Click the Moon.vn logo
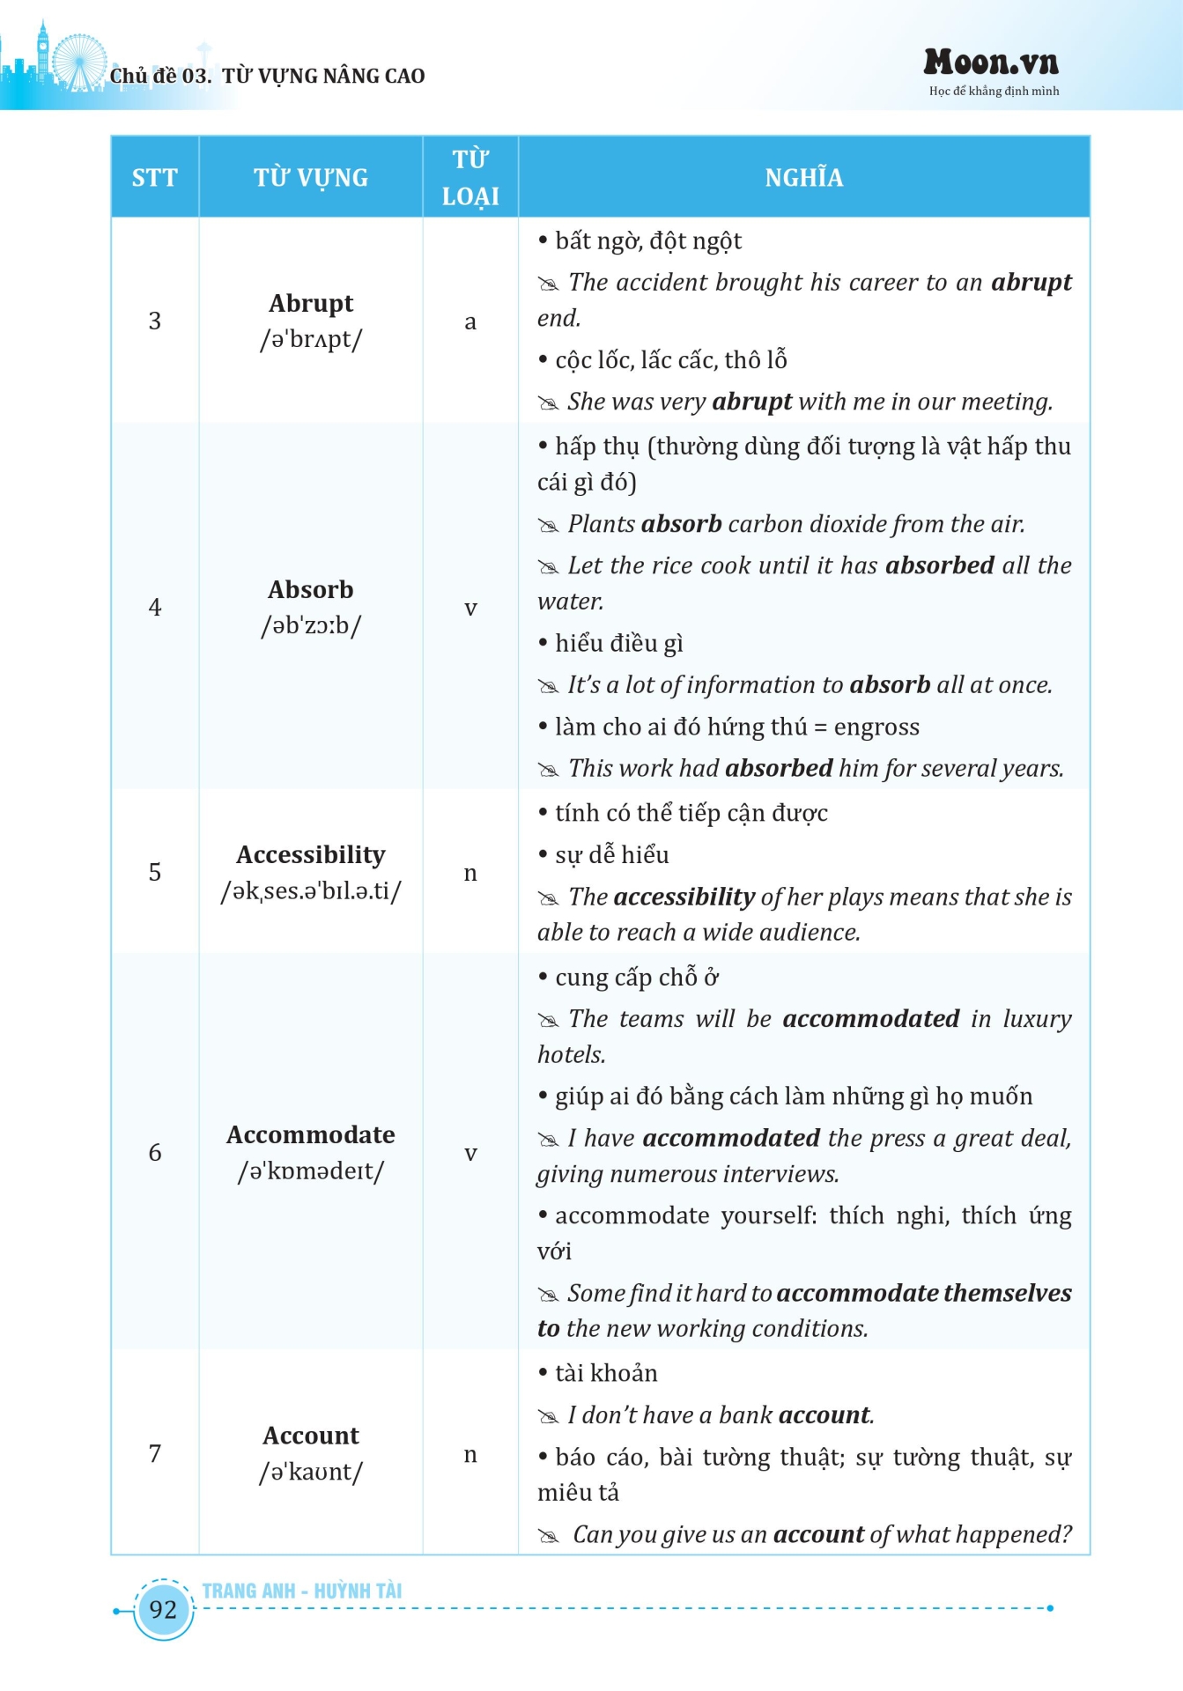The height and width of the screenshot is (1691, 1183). click(x=991, y=63)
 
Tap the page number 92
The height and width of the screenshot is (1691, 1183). click(x=163, y=1609)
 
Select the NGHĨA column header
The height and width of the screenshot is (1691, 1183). click(x=803, y=178)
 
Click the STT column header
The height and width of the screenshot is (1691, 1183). click(x=154, y=178)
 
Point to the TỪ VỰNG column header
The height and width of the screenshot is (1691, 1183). click(x=311, y=178)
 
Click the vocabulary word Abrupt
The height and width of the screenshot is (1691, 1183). click(x=311, y=303)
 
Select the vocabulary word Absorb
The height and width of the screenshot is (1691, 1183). click(x=311, y=589)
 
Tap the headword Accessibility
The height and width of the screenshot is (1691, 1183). click(x=311, y=854)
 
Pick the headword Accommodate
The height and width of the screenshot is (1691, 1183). click(x=311, y=1134)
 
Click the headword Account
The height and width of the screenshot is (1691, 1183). click(x=311, y=1436)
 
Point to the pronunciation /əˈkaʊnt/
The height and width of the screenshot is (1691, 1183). click(x=311, y=1472)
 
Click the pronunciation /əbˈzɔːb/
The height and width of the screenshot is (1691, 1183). click(x=311, y=625)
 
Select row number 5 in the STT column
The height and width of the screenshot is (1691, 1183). click(x=155, y=872)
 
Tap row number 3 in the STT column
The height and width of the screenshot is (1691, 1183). click(x=155, y=321)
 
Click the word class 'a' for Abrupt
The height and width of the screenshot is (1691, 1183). click(x=470, y=321)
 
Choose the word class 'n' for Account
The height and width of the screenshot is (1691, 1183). click(x=470, y=1454)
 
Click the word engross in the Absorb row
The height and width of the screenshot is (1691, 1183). click(x=876, y=727)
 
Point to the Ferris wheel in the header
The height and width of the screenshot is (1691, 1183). click(x=78, y=61)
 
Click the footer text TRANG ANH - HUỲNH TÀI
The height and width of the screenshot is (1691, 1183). click(x=301, y=1591)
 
